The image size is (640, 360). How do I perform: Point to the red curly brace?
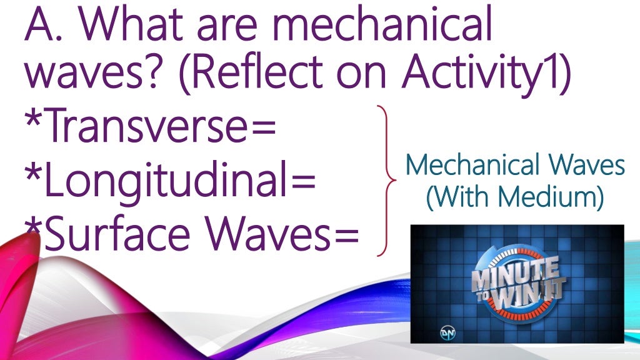(x=387, y=181)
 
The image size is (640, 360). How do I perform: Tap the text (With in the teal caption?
(x=461, y=198)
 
